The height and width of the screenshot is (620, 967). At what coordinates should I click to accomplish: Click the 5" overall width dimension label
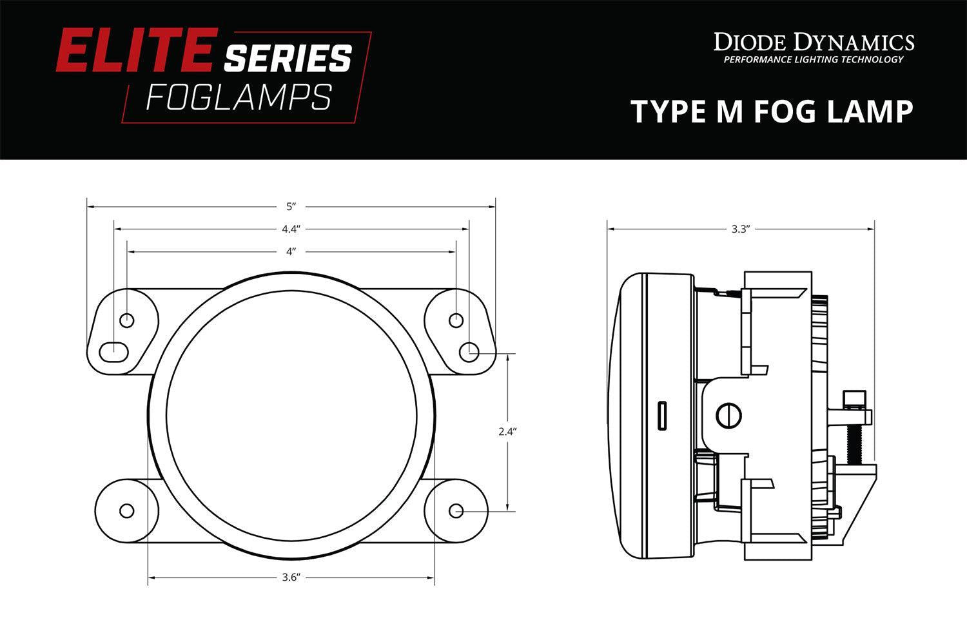291,207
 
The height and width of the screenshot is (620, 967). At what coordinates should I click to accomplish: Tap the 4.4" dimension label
291,229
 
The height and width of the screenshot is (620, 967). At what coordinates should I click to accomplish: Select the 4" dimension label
291,251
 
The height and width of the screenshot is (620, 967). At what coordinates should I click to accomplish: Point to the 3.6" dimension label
291,578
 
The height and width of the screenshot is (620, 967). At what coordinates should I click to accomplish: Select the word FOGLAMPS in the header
239,98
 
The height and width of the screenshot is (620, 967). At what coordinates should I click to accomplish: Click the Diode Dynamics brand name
814,43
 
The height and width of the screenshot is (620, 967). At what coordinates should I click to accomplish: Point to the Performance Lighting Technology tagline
814,60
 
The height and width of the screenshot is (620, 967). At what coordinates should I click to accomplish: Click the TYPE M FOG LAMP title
772,111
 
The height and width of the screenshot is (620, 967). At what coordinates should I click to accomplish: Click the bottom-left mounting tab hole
127,510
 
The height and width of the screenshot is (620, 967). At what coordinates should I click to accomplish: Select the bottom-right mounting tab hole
456,510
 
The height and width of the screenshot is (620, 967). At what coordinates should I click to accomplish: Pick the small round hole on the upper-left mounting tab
127,320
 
